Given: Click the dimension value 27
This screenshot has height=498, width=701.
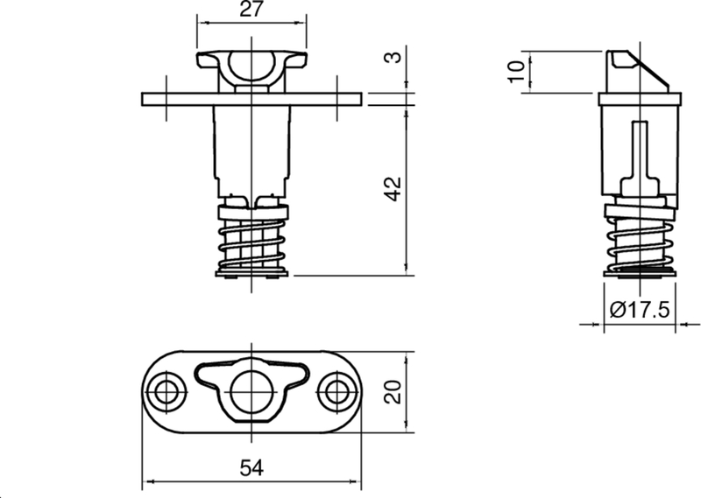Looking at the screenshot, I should tap(251, 10).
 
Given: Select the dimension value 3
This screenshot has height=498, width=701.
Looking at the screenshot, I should tap(395, 59).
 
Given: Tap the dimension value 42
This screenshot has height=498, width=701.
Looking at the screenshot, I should tap(393, 187).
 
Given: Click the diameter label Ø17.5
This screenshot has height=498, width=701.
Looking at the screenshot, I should tap(639, 310).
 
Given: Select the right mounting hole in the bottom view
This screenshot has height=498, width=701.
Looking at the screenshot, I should tap(337, 392).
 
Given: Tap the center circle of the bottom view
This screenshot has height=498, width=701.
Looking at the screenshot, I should tap(251, 389).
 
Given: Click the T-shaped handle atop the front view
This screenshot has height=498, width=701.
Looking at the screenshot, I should tap(251, 67).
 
